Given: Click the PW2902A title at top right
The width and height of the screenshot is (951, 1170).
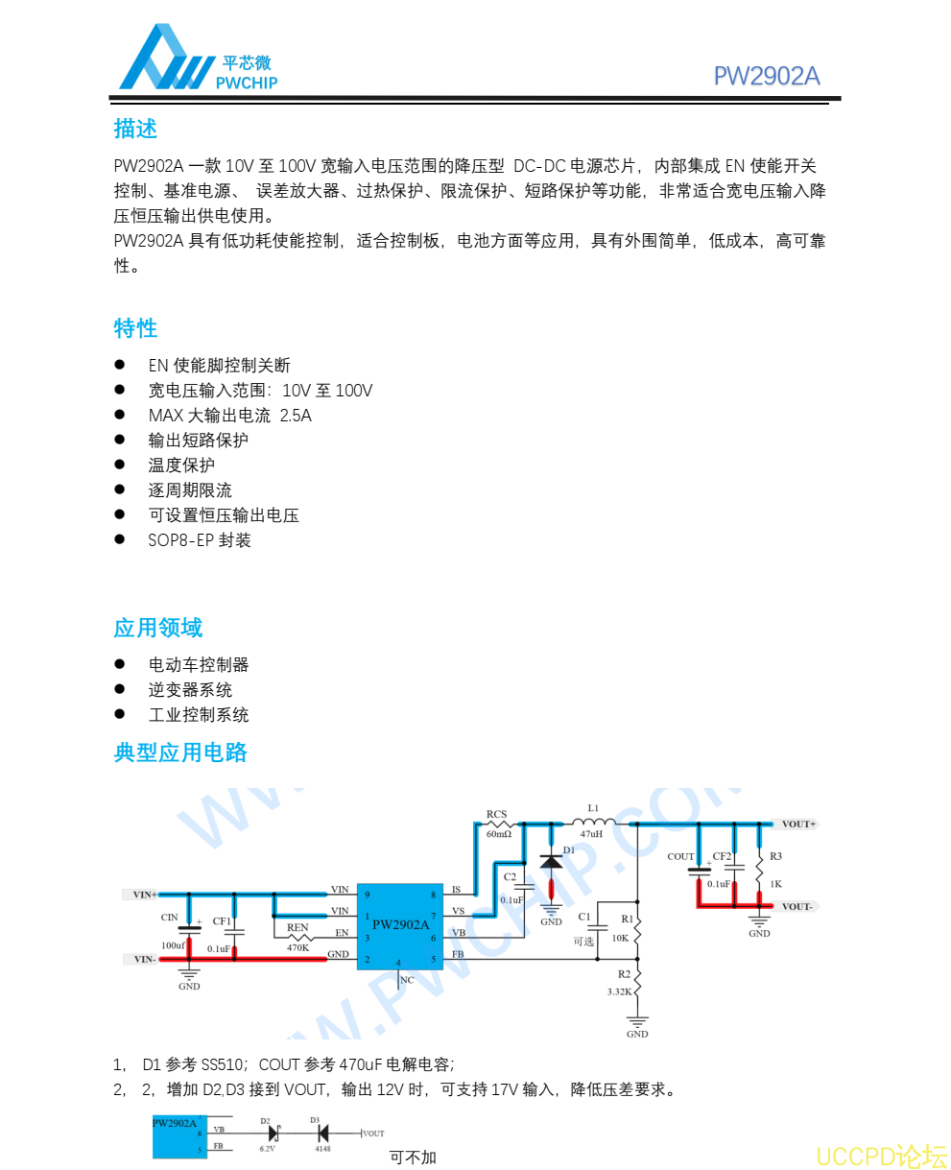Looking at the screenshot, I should [x=766, y=77].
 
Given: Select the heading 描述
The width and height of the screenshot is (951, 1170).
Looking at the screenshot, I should [x=135, y=129].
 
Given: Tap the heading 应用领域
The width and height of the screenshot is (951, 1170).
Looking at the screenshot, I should [x=158, y=629].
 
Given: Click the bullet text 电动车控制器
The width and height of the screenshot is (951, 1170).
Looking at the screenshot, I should [x=199, y=665].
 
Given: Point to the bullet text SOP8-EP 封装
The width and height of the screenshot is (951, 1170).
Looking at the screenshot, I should [x=200, y=540].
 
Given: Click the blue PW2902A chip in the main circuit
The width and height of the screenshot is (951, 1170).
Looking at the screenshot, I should [x=400, y=925].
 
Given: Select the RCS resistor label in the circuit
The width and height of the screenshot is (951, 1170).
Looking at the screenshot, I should [x=496, y=815].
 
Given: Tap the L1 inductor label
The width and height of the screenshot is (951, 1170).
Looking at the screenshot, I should [x=593, y=808].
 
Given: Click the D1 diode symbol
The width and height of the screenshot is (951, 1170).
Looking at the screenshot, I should [x=551, y=862].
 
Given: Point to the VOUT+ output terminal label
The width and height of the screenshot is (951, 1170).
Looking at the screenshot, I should [x=798, y=824].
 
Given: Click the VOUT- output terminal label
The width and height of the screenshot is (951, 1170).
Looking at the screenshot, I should [x=797, y=907].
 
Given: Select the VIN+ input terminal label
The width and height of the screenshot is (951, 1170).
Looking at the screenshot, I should [x=145, y=895].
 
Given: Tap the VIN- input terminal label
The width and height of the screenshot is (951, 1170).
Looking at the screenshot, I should [x=145, y=959].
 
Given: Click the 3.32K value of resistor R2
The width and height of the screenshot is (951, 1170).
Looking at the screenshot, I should [x=620, y=991].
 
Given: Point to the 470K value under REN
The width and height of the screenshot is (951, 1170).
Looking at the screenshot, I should [x=297, y=947].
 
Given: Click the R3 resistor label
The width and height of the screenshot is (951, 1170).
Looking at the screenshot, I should [x=775, y=856].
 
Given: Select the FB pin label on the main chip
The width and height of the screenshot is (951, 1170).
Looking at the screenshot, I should [x=458, y=955].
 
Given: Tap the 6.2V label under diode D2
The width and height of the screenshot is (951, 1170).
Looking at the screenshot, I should [x=268, y=1148].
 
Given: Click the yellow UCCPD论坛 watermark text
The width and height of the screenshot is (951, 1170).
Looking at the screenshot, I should [x=881, y=1156].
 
